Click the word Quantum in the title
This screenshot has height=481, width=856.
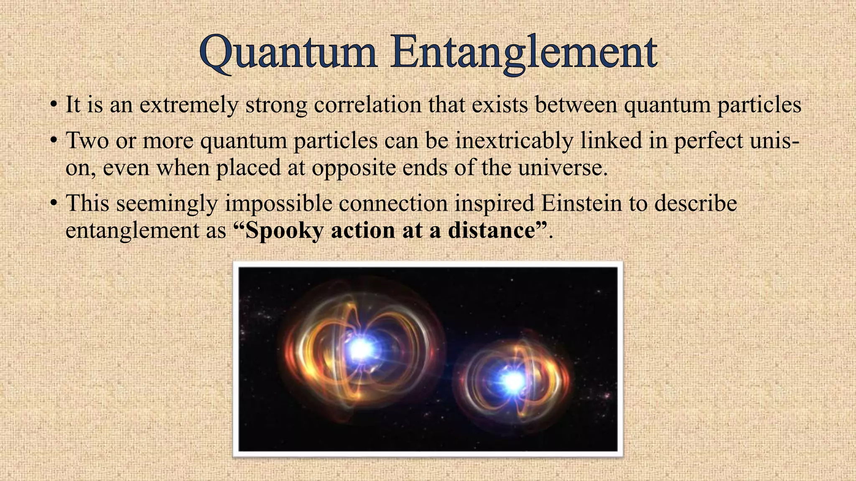(x=288, y=53)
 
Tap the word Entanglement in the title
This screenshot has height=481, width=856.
(x=524, y=53)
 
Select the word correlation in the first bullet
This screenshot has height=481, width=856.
(x=367, y=104)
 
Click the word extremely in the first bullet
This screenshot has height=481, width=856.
(x=189, y=104)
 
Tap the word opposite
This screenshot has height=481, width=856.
(x=353, y=168)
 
